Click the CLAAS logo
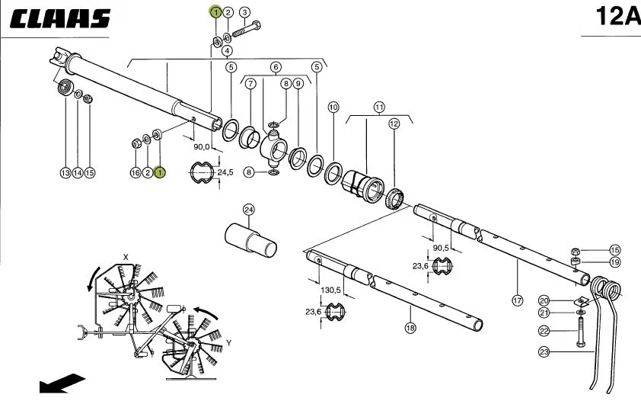[x=60, y=18]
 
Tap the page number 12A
[x=618, y=16]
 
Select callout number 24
[x=248, y=210]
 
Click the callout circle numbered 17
[x=518, y=300]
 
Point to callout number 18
[x=410, y=328]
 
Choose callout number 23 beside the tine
[x=544, y=351]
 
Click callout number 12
[x=394, y=124]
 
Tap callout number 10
[x=333, y=107]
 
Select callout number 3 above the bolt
[x=244, y=12]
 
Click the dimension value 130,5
[x=330, y=290]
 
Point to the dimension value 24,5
[x=225, y=172]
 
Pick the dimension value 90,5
[x=441, y=248]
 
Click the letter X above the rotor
[x=126, y=257]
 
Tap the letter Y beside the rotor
[x=229, y=343]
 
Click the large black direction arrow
[x=62, y=383]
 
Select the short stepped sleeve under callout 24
[x=250, y=240]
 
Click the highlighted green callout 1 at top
[x=215, y=12]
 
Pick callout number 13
[x=65, y=173]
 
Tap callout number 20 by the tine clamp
[x=544, y=300]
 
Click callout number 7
[x=250, y=83]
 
